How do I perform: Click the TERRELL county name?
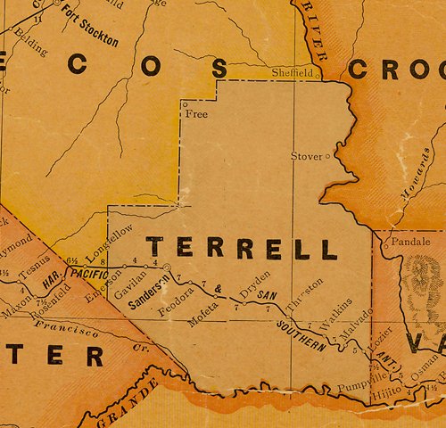pos(242,248)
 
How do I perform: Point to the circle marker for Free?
pos(185,104)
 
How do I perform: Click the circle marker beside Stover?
pos(327,156)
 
